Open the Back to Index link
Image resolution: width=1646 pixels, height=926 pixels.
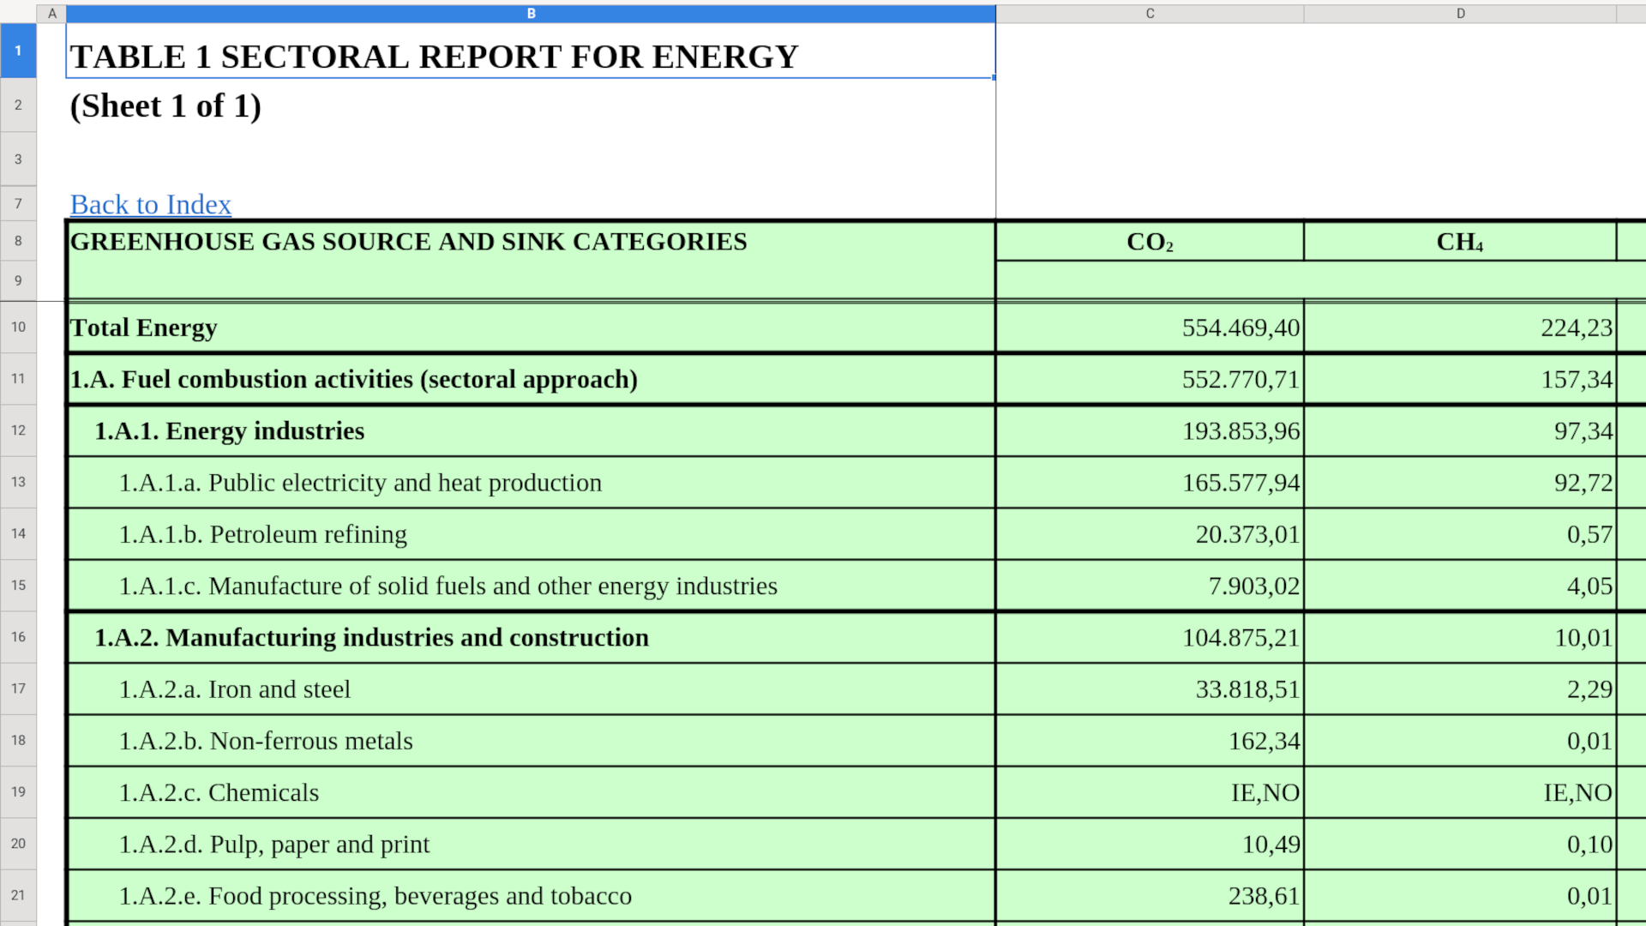[x=150, y=205]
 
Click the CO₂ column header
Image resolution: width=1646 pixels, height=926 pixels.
[x=1149, y=243]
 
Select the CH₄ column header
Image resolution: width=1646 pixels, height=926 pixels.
[x=1459, y=243]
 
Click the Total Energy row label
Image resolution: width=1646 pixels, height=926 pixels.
[x=143, y=328]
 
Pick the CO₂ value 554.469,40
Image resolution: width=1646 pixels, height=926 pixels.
[x=1240, y=328]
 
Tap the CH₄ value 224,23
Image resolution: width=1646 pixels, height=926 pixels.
[x=1576, y=328]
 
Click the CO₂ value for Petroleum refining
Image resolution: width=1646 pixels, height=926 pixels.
[x=1247, y=534]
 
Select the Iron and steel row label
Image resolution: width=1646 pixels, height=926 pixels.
[x=234, y=689]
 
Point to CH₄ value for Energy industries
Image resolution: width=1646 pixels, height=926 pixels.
[x=1583, y=431]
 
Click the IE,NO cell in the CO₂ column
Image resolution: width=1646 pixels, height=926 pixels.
[x=1265, y=793]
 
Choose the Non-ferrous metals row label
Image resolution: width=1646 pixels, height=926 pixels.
[x=266, y=741]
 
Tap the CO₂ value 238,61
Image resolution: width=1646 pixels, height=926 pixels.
[x=1264, y=896]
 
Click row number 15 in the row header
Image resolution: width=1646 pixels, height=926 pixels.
[x=18, y=586]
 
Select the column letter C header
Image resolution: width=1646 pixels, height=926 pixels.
[x=1150, y=14]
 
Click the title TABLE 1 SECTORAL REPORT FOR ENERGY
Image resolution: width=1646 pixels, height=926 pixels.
[x=434, y=57]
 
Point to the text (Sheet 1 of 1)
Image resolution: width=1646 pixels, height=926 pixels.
[x=165, y=106]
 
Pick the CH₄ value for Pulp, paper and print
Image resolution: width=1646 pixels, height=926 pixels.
[x=1589, y=845]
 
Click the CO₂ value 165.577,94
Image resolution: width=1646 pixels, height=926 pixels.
[x=1240, y=483]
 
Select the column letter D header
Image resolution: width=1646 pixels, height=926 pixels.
[x=1460, y=14]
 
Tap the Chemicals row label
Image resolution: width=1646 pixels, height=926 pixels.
[x=219, y=793]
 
